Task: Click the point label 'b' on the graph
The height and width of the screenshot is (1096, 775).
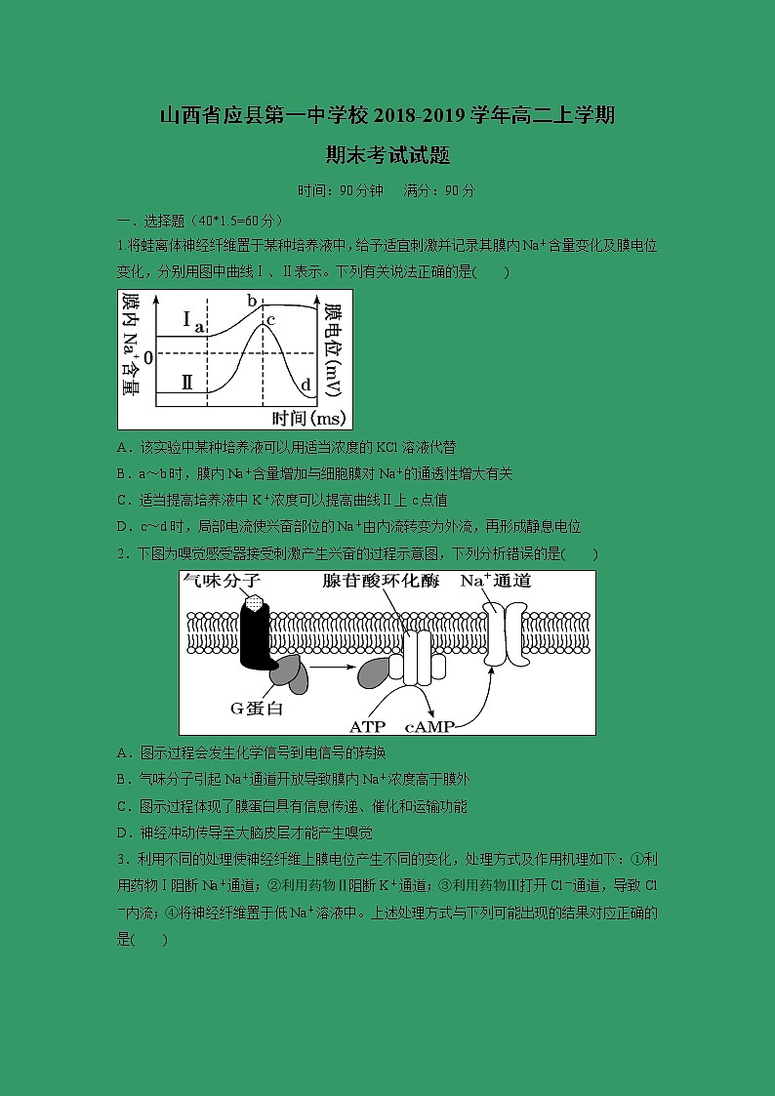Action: pyautogui.click(x=251, y=301)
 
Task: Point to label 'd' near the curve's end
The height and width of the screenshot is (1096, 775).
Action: pyautogui.click(x=306, y=385)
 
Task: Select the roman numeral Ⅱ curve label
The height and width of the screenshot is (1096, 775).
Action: pyautogui.click(x=186, y=385)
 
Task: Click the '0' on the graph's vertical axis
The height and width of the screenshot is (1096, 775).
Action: pyautogui.click(x=148, y=357)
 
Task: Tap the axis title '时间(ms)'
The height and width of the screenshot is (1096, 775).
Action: pyautogui.click(x=309, y=418)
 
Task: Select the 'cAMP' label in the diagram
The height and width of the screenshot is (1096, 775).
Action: pyautogui.click(x=429, y=726)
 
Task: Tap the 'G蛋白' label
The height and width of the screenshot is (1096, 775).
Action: pyautogui.click(x=256, y=708)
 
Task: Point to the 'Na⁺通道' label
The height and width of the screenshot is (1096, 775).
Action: pyautogui.click(x=495, y=582)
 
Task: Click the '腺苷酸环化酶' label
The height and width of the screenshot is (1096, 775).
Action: pyautogui.click(x=381, y=582)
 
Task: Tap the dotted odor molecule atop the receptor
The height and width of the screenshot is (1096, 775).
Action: pyautogui.click(x=256, y=603)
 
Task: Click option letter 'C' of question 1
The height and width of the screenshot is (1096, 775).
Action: pyautogui.click(x=122, y=500)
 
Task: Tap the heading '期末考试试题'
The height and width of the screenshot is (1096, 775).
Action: pyautogui.click(x=387, y=155)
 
